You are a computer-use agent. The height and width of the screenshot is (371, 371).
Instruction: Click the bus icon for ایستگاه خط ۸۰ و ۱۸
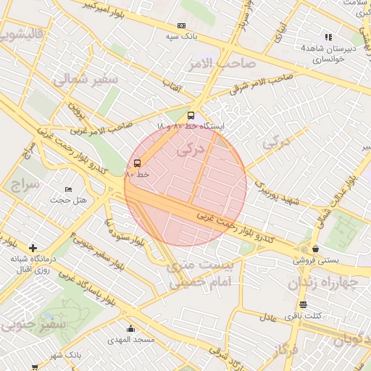click(191, 115)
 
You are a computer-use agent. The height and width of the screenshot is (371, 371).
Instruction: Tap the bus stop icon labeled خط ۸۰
click(138, 163)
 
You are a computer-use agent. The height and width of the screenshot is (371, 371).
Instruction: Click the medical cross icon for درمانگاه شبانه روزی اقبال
click(33, 248)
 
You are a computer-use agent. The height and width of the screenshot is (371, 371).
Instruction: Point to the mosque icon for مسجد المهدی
click(131, 328)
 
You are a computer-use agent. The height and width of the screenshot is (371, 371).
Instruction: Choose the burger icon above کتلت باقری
click(302, 305)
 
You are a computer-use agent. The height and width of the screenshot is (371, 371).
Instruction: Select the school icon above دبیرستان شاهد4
click(328, 37)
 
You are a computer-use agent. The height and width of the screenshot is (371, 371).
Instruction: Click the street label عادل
click(267, 316)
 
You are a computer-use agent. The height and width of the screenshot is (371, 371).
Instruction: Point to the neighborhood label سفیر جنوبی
click(33, 324)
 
